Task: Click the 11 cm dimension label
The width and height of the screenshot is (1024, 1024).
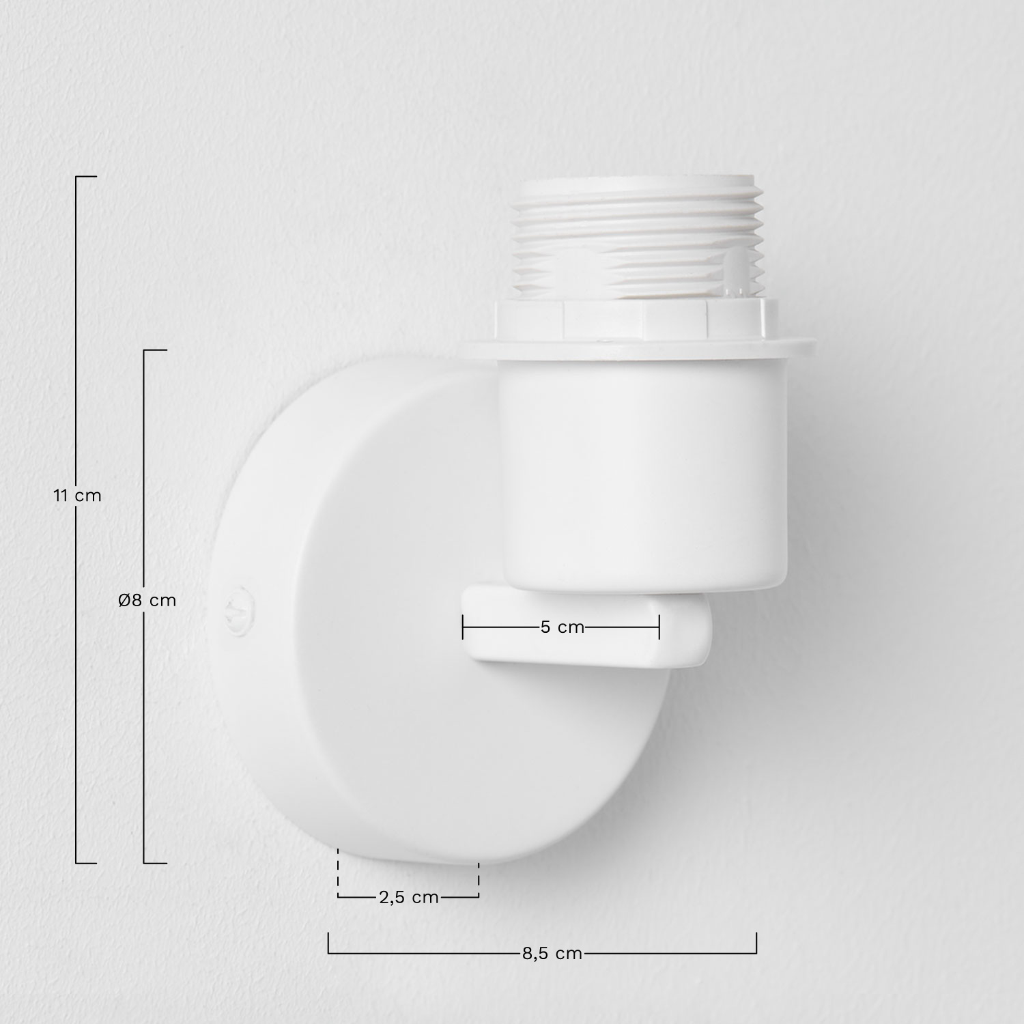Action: (x=77, y=496)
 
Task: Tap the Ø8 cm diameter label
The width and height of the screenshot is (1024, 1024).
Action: (x=147, y=600)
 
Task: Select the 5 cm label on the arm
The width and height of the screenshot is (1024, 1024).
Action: (x=563, y=627)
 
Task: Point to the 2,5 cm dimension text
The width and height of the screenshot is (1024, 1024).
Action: (x=408, y=897)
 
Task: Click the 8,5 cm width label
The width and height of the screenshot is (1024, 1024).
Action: (x=552, y=953)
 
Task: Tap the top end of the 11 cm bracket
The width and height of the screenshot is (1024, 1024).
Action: (x=85, y=177)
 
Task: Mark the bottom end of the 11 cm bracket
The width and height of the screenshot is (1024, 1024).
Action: (x=85, y=863)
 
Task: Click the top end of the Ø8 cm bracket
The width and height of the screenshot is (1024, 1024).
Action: (x=154, y=350)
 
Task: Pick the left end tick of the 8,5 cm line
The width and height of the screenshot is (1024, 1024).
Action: (x=328, y=943)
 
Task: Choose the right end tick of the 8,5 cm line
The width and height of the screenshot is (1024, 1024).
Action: (x=756, y=943)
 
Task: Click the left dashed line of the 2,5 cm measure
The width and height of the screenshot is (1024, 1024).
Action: (x=338, y=874)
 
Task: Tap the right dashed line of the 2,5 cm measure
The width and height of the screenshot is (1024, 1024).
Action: (x=479, y=877)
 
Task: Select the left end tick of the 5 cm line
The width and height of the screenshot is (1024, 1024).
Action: (x=463, y=627)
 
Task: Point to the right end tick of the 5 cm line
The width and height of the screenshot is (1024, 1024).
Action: (x=659, y=627)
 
